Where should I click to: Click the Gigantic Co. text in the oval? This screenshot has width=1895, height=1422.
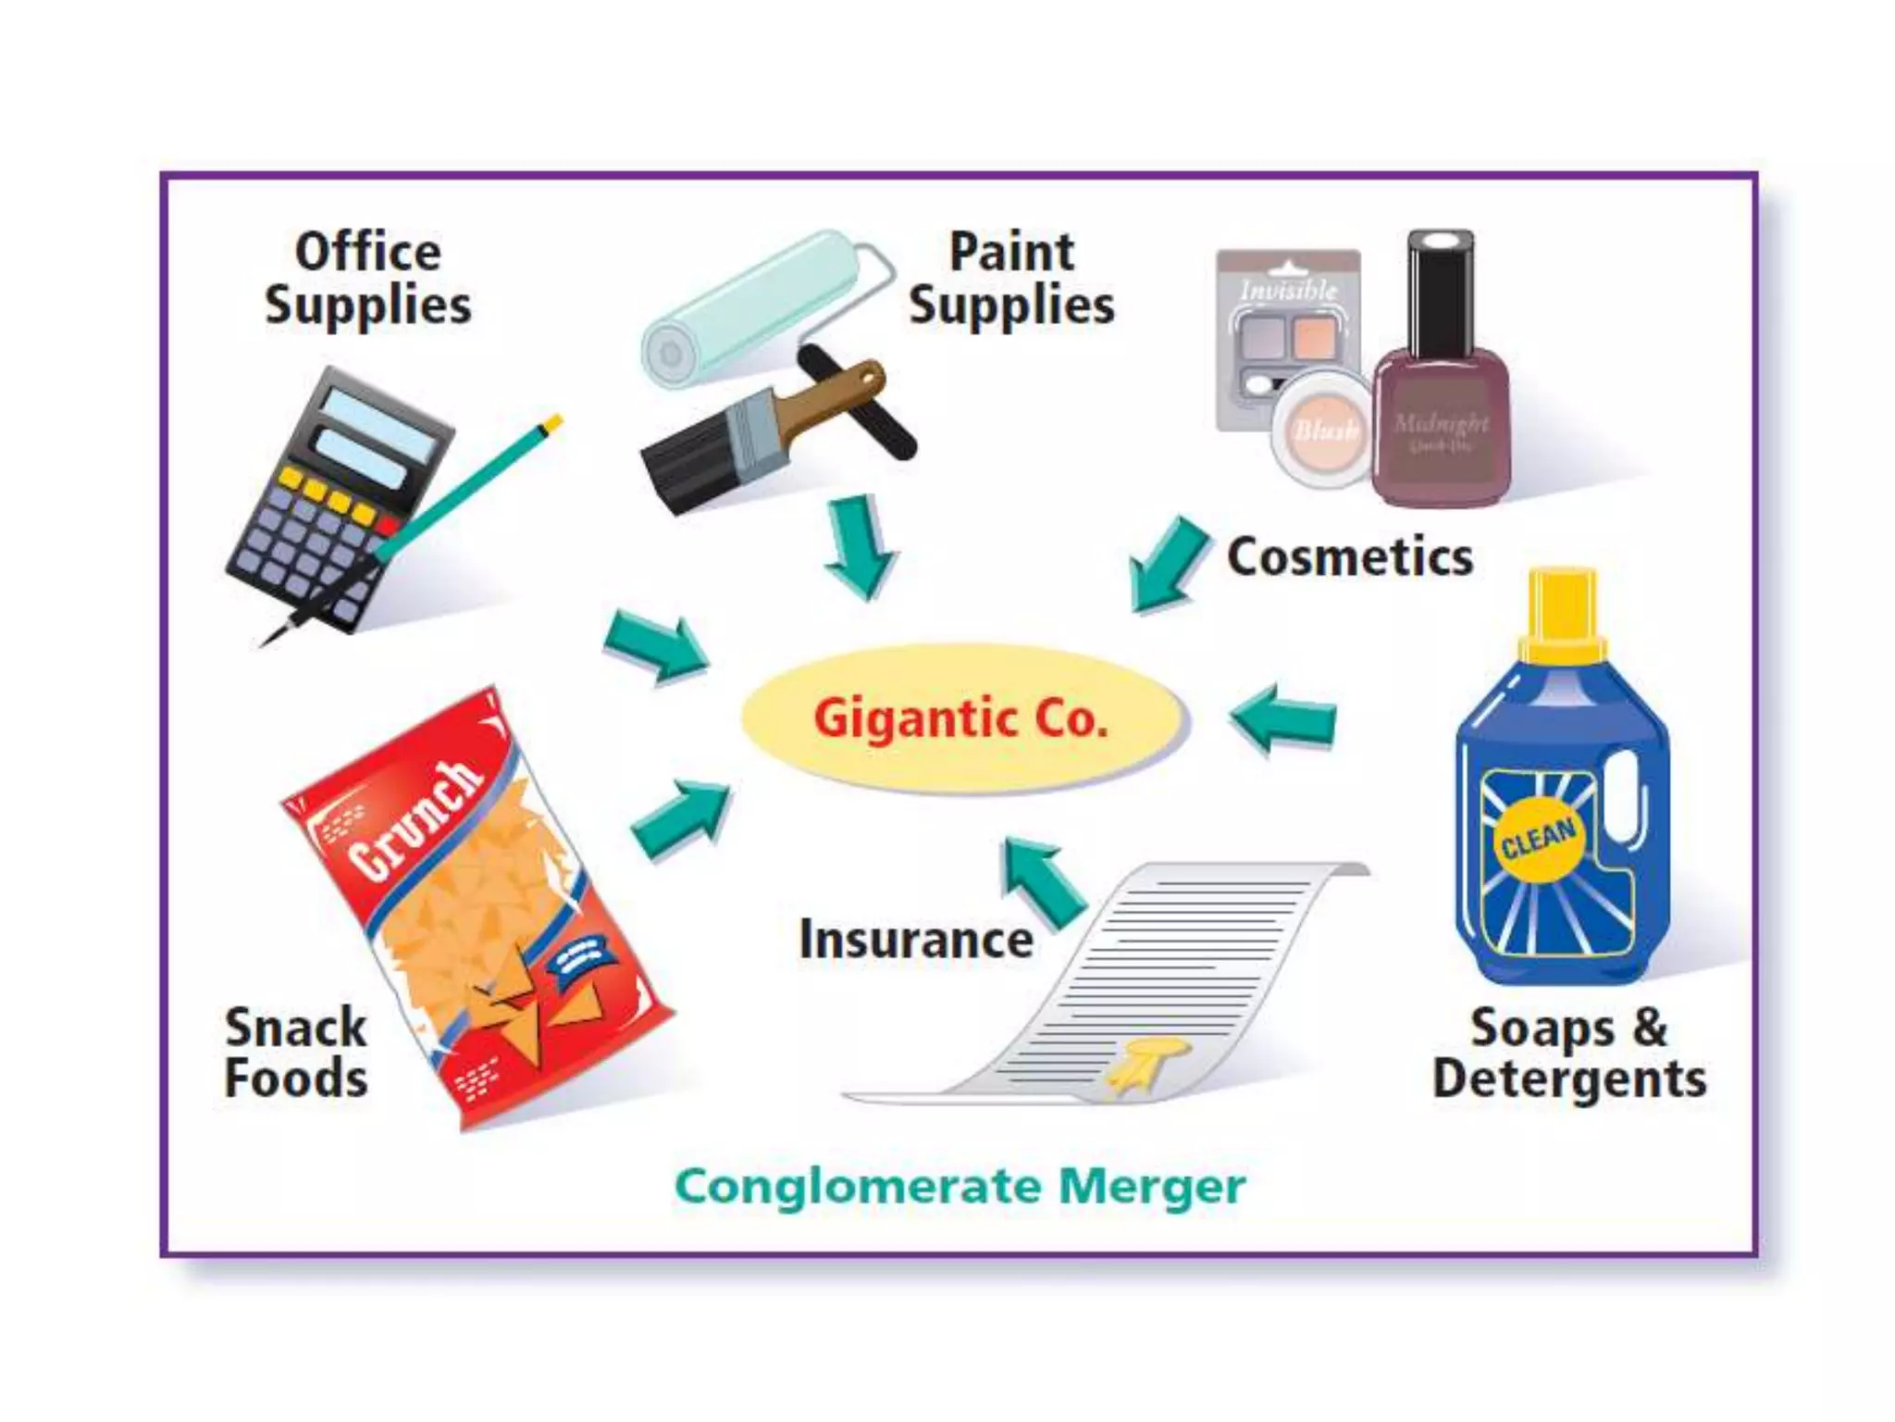click(x=960, y=719)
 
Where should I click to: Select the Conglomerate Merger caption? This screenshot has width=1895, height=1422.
click(x=960, y=1187)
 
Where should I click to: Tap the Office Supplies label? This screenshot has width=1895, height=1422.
click(x=367, y=279)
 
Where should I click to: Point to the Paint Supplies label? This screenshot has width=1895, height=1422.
click(x=1011, y=279)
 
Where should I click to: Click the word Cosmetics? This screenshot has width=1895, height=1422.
click(x=1349, y=557)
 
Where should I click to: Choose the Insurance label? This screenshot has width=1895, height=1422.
click(x=916, y=940)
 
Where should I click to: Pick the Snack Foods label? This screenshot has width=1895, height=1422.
click(x=296, y=1054)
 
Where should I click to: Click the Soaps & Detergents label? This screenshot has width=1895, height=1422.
click(x=1569, y=1054)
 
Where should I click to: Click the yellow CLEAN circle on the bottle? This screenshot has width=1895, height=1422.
click(x=1537, y=839)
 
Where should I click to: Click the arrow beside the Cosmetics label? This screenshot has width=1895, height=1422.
click(x=1168, y=565)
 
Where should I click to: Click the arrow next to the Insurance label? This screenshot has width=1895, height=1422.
click(x=1044, y=879)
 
